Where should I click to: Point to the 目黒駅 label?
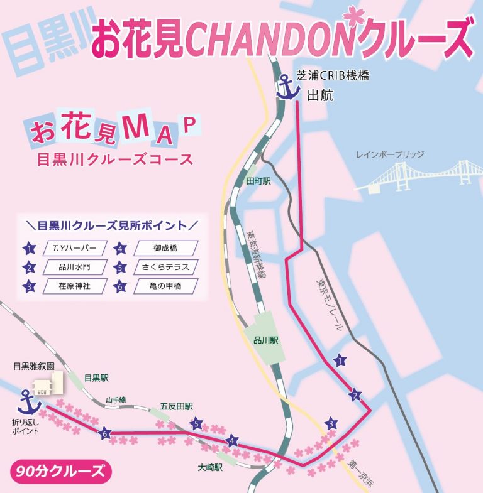tap(96, 378)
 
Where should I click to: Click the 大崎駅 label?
tap(210, 467)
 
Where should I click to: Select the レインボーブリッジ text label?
tap(390, 154)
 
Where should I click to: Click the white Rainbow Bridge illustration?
tap(421, 175)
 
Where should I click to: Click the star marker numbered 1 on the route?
tap(340, 360)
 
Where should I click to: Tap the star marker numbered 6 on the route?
tap(105, 433)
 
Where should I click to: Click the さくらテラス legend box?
tap(165, 267)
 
